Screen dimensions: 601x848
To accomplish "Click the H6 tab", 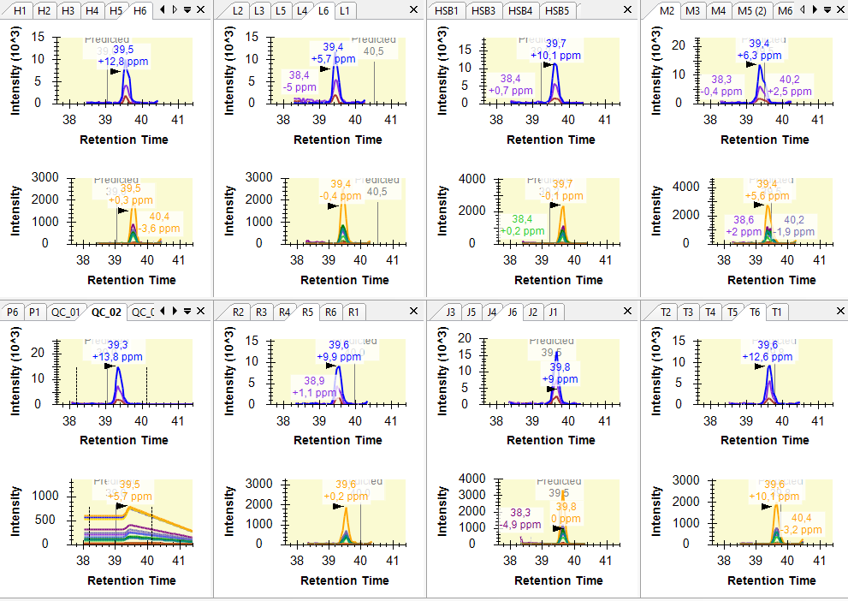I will click(x=139, y=10).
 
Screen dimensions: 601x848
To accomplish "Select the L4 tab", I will click(x=301, y=10).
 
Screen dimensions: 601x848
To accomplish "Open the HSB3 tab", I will click(x=483, y=10).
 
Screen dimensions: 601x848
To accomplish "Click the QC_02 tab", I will click(x=107, y=312).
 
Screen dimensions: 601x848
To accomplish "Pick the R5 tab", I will click(x=307, y=312).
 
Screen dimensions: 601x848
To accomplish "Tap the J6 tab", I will click(x=512, y=312).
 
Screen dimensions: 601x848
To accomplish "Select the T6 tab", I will click(x=754, y=312).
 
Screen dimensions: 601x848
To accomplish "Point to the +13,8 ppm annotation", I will click(x=117, y=356).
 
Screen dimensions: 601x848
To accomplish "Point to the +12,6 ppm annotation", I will click(x=767, y=356).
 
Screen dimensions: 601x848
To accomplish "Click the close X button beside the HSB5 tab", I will click(x=628, y=9).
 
